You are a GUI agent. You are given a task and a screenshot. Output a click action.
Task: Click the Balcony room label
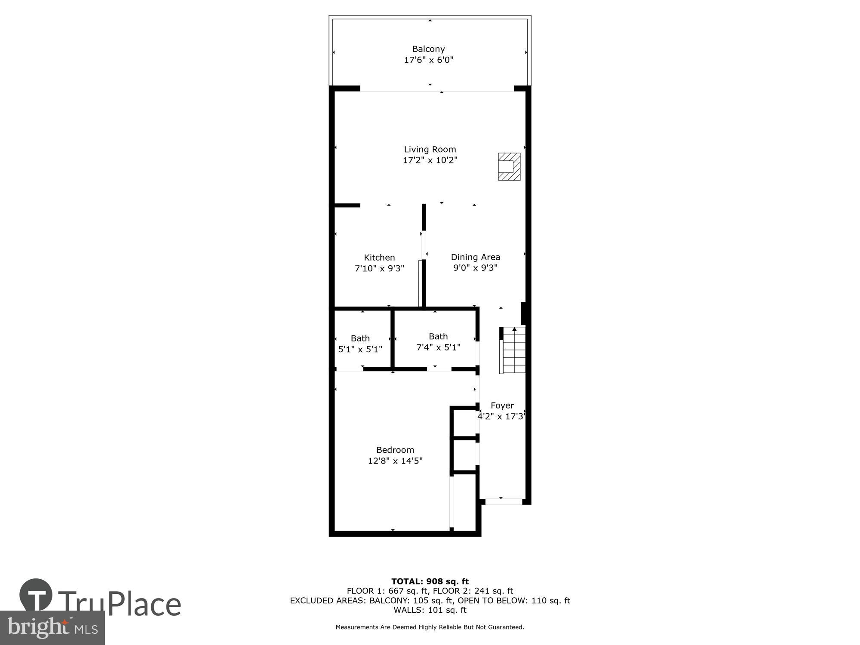click(x=428, y=49)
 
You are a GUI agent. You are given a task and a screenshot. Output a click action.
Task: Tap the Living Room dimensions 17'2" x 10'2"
click(x=430, y=160)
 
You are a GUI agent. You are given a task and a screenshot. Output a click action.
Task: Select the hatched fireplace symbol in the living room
click(x=509, y=166)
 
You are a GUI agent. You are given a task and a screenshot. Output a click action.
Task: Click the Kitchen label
click(x=379, y=258)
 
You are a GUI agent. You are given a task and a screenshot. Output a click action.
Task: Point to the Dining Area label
click(x=475, y=257)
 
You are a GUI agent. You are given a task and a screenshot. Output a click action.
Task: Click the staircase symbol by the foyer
click(x=514, y=350)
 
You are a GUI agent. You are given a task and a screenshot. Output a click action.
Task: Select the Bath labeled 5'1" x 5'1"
click(x=360, y=344)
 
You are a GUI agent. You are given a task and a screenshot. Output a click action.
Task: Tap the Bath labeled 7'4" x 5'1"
click(x=438, y=342)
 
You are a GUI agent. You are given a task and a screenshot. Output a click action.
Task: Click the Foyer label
click(x=502, y=405)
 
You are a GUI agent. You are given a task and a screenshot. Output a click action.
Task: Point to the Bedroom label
click(x=395, y=450)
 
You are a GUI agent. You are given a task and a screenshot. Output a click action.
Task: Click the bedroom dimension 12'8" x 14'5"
click(x=395, y=461)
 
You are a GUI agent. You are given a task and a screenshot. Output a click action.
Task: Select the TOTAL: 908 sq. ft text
click(x=430, y=581)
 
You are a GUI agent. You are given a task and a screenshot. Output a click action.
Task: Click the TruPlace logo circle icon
click(x=36, y=595)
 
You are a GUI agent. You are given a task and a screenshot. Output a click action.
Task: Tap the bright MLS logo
click(x=52, y=628)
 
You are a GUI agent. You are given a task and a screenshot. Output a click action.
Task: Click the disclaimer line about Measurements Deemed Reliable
click(x=430, y=627)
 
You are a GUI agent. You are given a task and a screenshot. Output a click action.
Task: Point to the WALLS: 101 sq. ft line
click(x=430, y=610)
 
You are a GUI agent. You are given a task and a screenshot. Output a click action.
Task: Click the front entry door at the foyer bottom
click(x=503, y=501)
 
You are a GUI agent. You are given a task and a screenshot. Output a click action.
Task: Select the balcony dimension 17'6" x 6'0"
click(x=428, y=60)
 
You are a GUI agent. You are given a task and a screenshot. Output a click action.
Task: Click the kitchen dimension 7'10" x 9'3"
click(x=379, y=269)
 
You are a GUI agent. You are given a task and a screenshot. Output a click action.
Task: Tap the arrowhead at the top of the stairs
click(x=514, y=329)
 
